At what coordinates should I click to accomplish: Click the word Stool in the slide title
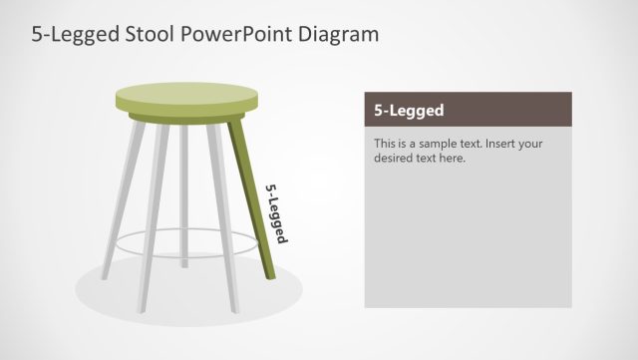(151, 35)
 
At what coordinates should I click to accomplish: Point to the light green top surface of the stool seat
(186, 95)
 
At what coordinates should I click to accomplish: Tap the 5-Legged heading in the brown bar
(409, 111)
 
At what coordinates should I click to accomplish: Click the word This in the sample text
(386, 144)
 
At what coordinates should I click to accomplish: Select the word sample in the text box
(437, 144)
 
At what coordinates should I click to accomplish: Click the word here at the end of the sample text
(455, 158)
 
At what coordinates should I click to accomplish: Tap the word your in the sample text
(531, 144)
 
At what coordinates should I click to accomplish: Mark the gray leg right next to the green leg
(221, 209)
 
